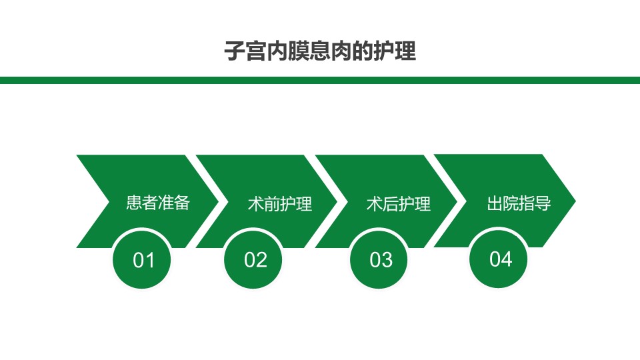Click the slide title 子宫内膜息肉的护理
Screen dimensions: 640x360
[x=320, y=51]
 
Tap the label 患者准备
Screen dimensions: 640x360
[x=158, y=203]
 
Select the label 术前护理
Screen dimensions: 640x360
[x=280, y=204]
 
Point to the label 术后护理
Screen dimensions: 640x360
[x=399, y=204]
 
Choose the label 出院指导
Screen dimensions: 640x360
[x=519, y=203]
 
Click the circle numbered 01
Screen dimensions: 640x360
[x=141, y=259]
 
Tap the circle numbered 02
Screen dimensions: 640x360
[x=253, y=259]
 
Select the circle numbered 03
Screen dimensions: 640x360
[x=379, y=259]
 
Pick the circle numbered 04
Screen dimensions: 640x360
[x=499, y=259]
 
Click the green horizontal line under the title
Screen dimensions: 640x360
[x=320, y=80]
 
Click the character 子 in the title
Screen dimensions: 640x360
[x=235, y=51]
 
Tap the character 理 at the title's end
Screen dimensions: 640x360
[x=405, y=51]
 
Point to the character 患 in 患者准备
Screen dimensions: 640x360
[x=134, y=203]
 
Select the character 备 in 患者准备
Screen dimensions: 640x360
[x=182, y=203]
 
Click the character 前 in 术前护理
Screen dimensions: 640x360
[x=272, y=204]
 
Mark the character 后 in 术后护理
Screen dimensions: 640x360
[x=391, y=204]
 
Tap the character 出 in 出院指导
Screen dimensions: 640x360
[x=495, y=203]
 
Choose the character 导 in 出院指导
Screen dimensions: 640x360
[x=543, y=203]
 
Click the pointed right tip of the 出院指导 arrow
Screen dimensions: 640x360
[x=575, y=201]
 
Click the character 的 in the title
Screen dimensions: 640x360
[x=363, y=51]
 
